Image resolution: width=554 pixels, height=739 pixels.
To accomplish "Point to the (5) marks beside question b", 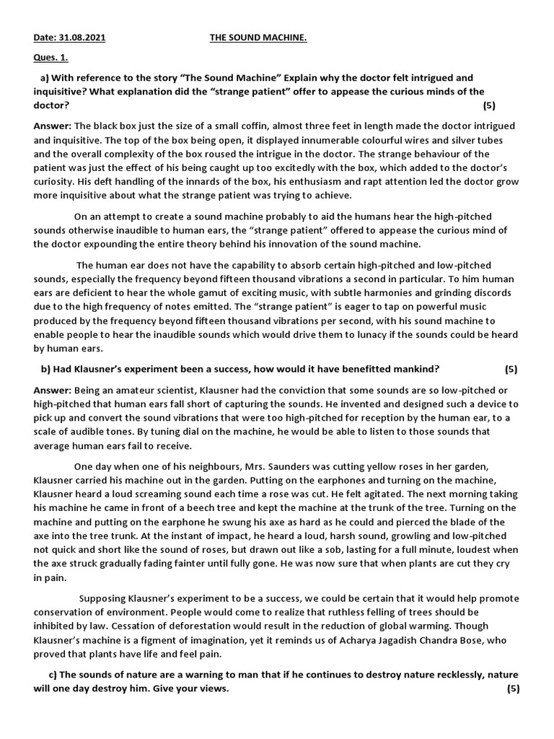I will point(511,369).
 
